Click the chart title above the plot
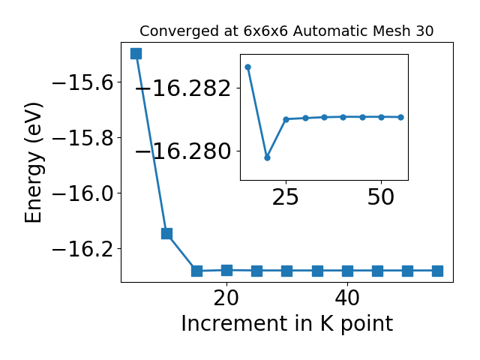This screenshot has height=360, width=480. pyautogui.click(x=286, y=31)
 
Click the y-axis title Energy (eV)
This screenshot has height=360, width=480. pyautogui.click(x=33, y=162)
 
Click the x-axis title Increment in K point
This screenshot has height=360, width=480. pyautogui.click(x=287, y=324)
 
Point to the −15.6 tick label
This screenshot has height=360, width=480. pyautogui.click(x=83, y=82)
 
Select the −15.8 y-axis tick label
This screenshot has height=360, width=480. pyautogui.click(x=83, y=138)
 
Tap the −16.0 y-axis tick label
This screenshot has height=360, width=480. pyautogui.click(x=83, y=193)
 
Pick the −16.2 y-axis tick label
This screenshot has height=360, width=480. pyautogui.click(x=83, y=248)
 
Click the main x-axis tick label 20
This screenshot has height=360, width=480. pyautogui.click(x=226, y=298)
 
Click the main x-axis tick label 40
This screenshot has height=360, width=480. pyautogui.click(x=347, y=298)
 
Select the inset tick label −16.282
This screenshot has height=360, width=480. pyautogui.click(x=183, y=88)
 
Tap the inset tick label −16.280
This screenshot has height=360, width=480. pyautogui.click(x=183, y=151)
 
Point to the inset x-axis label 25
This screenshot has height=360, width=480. pyautogui.click(x=285, y=197)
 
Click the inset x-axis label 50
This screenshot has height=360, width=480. pyautogui.click(x=381, y=197)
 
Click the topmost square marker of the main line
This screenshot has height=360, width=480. pyautogui.click(x=136, y=53)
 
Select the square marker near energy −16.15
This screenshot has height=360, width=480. pyautogui.click(x=166, y=234)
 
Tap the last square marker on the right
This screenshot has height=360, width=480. pyautogui.click(x=437, y=271)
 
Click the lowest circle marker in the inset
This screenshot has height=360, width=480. pyautogui.click(x=267, y=158)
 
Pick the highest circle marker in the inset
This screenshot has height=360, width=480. pyautogui.click(x=248, y=67)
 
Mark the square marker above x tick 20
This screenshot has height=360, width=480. pyautogui.click(x=226, y=270)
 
